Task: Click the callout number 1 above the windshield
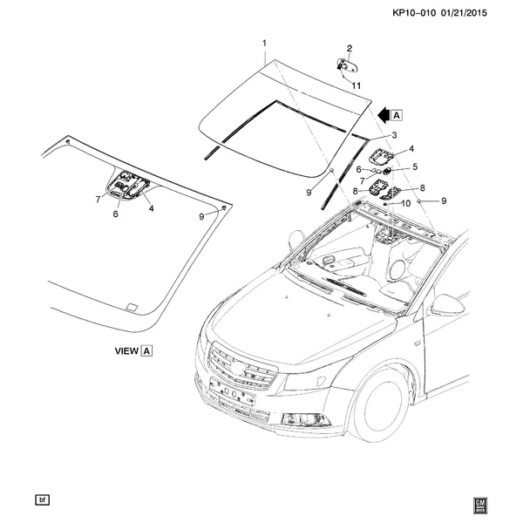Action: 264,42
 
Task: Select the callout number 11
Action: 356,84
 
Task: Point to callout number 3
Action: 394,135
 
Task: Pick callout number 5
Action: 416,166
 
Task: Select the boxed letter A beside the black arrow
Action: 397,114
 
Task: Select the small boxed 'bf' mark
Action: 41,499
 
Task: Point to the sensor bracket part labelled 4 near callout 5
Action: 380,156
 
